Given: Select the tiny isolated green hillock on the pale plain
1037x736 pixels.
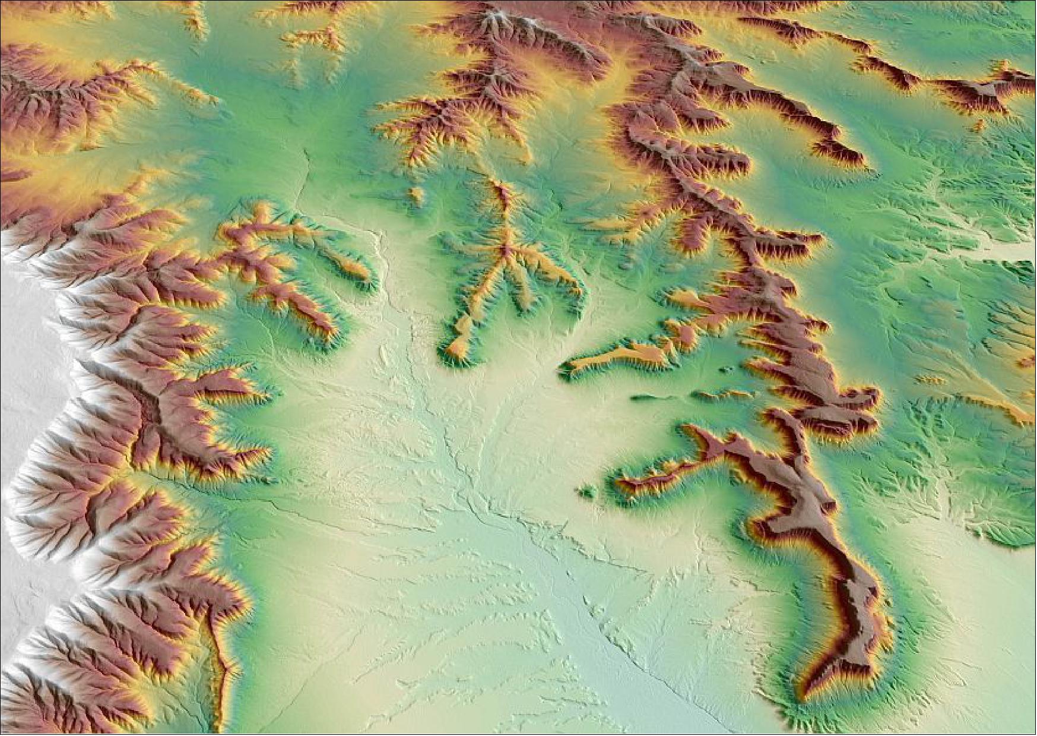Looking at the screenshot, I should coord(587,491).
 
